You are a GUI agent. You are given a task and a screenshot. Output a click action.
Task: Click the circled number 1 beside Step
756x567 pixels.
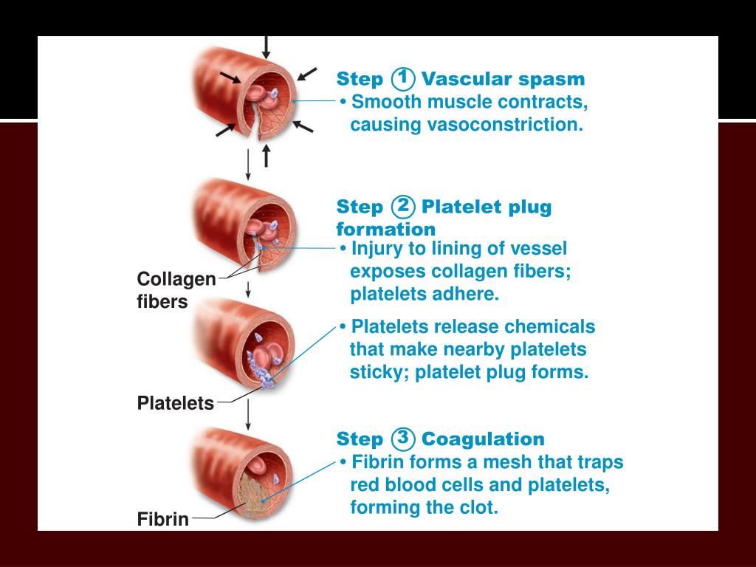click(x=404, y=78)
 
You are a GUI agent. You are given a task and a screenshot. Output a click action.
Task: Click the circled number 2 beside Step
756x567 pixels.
click(x=404, y=205)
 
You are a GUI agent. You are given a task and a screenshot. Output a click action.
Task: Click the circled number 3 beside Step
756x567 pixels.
click(x=403, y=438)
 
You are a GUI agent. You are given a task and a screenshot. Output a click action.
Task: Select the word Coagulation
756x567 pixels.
click(x=483, y=439)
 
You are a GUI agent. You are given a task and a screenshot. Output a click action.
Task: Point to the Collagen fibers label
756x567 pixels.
click(x=176, y=290)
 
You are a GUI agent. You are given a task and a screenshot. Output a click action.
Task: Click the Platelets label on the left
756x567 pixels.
click(x=175, y=403)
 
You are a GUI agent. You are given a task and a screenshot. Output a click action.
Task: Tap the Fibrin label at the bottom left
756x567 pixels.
click(x=162, y=519)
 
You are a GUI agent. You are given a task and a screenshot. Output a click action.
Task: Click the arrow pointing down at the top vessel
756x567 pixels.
click(x=267, y=47)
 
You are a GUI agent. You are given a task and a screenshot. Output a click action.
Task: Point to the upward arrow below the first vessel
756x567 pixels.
click(x=267, y=155)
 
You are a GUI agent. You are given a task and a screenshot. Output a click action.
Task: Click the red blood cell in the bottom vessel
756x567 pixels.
click(x=255, y=464)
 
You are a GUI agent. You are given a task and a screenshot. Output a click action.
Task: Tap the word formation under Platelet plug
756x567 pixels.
click(x=385, y=230)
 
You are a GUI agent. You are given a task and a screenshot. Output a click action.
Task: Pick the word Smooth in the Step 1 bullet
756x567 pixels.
click(x=379, y=101)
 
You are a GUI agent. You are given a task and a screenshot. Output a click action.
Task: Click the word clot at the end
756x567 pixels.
click(x=481, y=508)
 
